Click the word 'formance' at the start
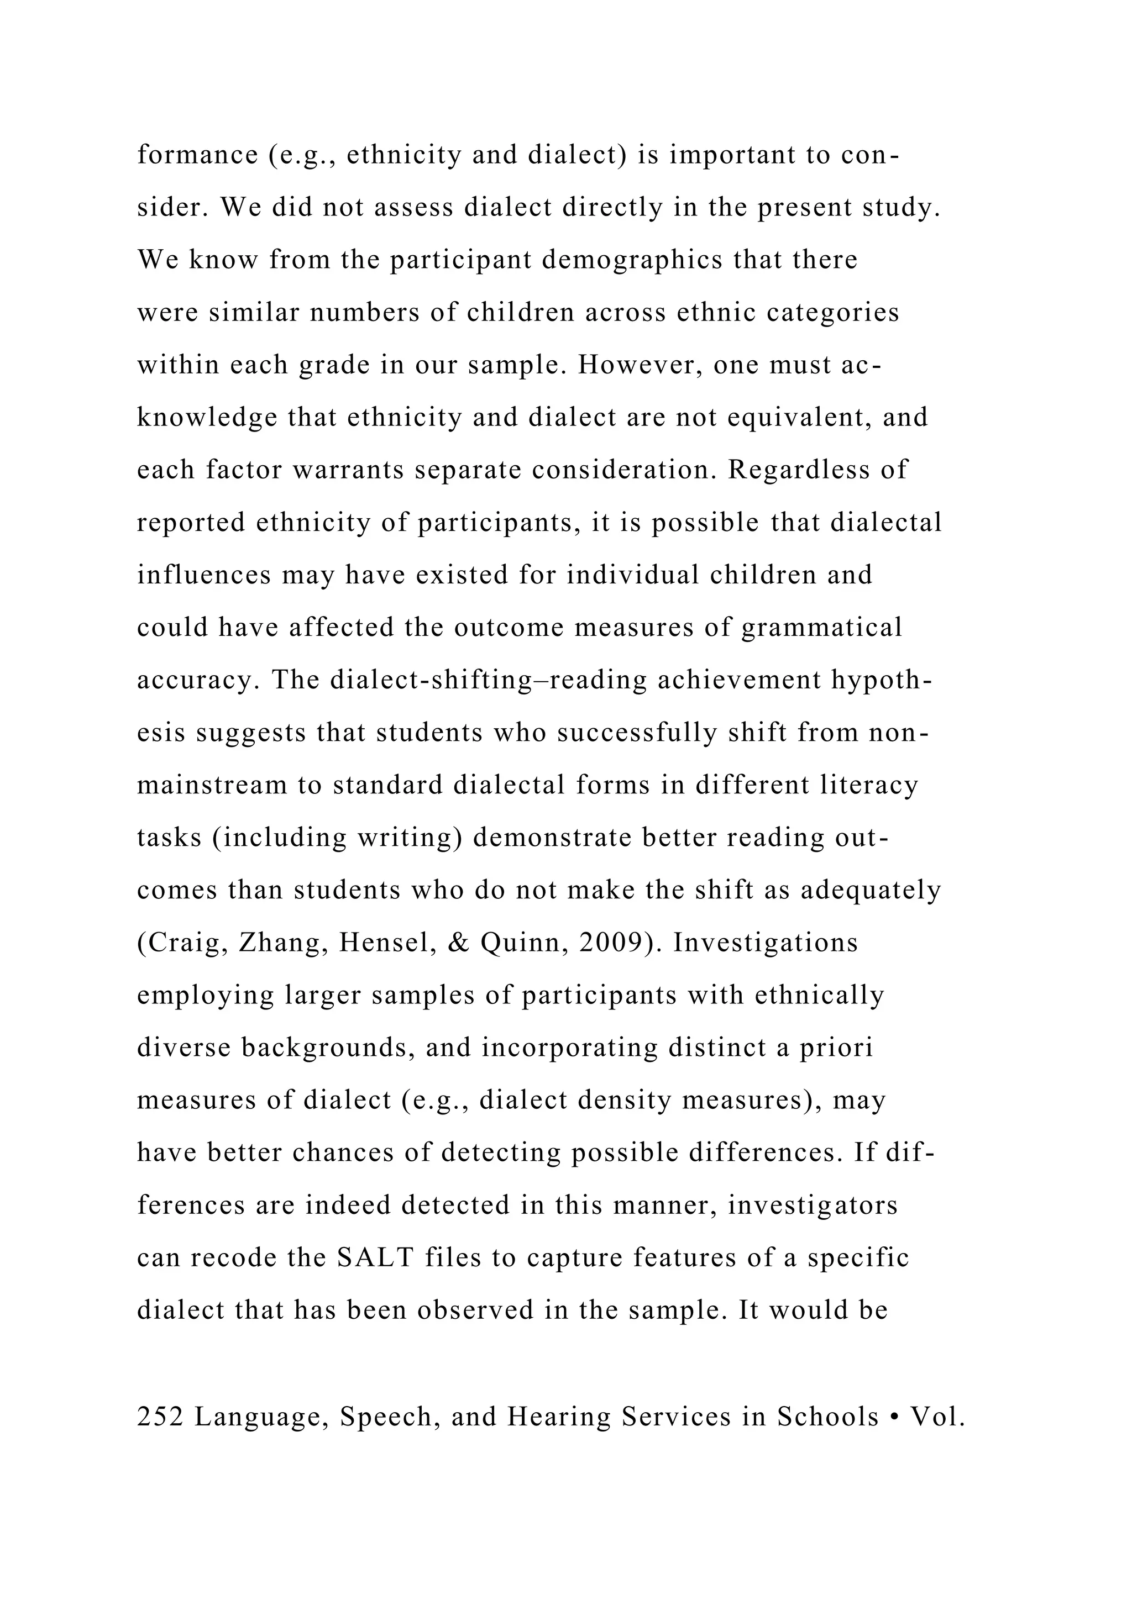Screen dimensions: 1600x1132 tap(197, 155)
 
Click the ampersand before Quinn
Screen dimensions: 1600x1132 tap(460, 943)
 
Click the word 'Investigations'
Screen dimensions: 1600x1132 tap(766, 943)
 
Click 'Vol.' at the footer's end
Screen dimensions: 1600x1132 tap(937, 1417)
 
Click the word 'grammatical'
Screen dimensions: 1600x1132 tap(822, 628)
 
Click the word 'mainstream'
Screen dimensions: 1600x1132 tap(212, 786)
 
